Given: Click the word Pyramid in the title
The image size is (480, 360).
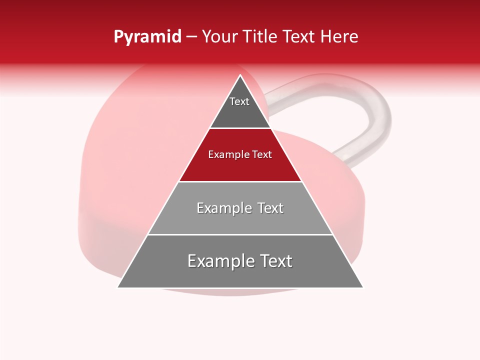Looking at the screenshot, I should pos(147,37).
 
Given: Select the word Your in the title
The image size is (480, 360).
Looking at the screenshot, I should pos(220,37).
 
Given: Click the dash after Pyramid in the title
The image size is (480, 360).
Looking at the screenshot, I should pos(191,37).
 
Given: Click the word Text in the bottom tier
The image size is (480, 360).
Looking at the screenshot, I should pos(274,261).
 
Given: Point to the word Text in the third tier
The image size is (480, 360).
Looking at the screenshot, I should pos(270,208).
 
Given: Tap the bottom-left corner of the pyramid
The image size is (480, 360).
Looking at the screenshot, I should pos(118,287).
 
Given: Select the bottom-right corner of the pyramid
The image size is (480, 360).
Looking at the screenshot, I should pos(362,287).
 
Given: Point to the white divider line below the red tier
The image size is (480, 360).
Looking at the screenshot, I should pos(240,181).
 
